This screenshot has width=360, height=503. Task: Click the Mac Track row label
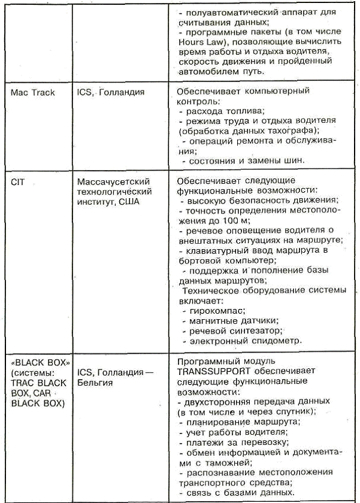coord(33,93)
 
